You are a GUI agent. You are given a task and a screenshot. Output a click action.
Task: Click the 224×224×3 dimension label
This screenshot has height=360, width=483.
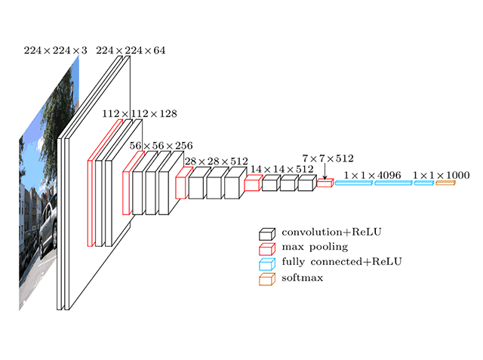pos(55,51)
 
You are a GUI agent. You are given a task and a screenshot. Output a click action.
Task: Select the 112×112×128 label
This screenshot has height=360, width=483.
pos(140,113)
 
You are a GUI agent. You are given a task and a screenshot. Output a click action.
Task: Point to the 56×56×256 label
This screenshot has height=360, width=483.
pos(162,145)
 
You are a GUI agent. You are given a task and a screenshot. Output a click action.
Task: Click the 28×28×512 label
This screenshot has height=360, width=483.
pos(217,161)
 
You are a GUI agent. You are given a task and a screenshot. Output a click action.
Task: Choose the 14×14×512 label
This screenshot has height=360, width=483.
pos(282,170)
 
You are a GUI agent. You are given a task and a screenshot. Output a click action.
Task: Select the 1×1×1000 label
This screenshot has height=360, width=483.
pos(441,175)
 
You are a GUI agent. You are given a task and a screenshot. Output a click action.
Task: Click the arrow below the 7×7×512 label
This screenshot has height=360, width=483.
pos(325,172)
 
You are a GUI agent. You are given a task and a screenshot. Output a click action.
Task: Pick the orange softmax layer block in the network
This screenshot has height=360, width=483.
pos(445,183)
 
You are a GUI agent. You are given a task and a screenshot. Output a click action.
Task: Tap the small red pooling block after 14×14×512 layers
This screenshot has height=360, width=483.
pos(325,183)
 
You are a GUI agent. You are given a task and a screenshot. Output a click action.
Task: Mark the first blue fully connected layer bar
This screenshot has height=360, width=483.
pos(352,183)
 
